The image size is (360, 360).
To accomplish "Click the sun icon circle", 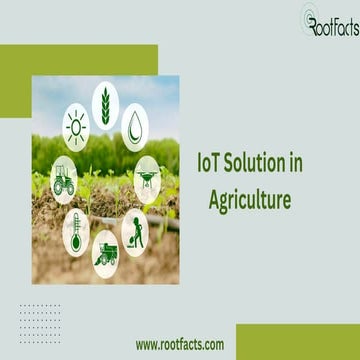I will pyautogui.click(x=75, y=129).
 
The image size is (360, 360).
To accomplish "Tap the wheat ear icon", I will pyautogui.click(x=105, y=102).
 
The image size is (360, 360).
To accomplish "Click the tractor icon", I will pyautogui.click(x=64, y=179).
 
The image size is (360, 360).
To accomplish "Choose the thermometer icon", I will pyautogui.click(x=75, y=229).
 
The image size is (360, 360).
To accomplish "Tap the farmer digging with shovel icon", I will pyautogui.click(x=136, y=229).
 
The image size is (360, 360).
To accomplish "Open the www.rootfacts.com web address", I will pyautogui.click(x=180, y=344).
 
